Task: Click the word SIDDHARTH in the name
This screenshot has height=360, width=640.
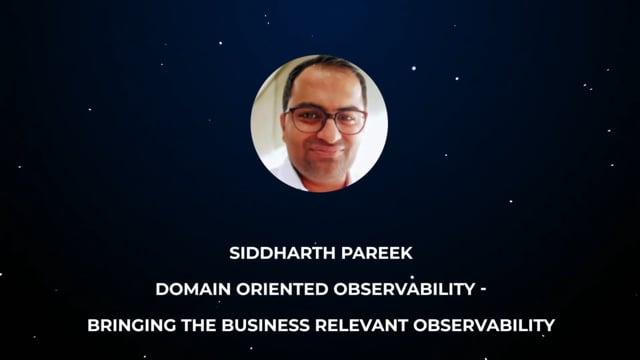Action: click(272, 254)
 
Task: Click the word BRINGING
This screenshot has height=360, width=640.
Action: click(129, 325)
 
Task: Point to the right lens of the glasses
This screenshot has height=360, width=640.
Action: click(348, 121)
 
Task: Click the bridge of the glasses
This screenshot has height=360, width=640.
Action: click(327, 118)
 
